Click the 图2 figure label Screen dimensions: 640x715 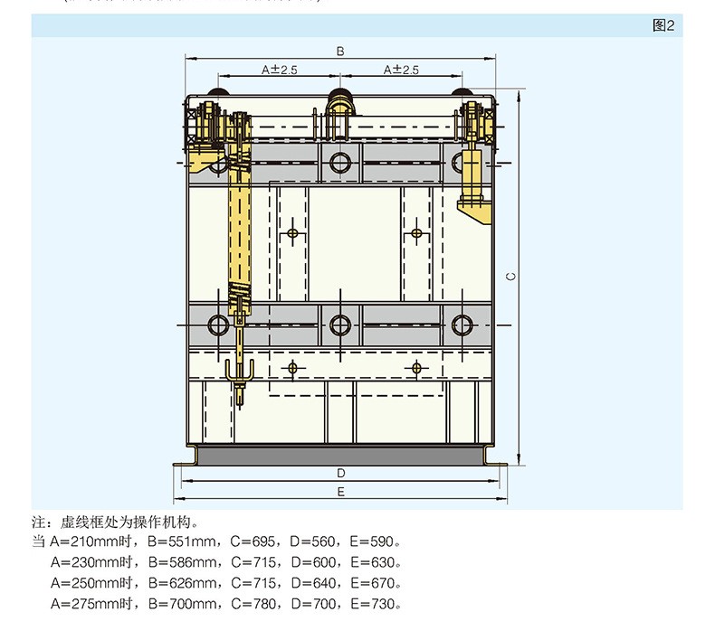[663, 25]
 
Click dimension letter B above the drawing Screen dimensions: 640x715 [340, 52]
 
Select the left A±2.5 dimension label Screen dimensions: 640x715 [280, 69]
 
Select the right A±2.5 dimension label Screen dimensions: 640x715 [401, 69]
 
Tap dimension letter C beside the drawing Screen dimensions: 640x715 [510, 277]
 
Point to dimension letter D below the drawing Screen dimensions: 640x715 [340, 473]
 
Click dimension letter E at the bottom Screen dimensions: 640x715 [340, 492]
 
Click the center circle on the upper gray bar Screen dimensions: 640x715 [340, 164]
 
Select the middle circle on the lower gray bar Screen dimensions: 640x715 [340, 325]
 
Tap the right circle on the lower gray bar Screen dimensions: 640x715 [462, 325]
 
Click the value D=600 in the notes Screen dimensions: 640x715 [311, 562]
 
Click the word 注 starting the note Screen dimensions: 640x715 [38, 522]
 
